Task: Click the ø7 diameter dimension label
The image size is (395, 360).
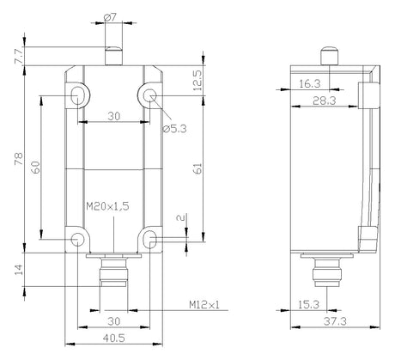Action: (110, 18)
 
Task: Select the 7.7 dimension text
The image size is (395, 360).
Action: (19, 57)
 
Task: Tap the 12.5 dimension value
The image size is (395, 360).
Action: (197, 81)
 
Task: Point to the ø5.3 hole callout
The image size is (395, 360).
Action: (174, 129)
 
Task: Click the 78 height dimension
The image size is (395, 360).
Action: (19, 159)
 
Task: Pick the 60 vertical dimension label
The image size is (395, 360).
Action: (36, 168)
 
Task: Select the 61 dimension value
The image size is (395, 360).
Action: (197, 168)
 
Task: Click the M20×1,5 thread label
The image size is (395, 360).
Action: (107, 206)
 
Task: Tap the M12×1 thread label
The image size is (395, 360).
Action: (204, 305)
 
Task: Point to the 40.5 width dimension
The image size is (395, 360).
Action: (114, 339)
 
